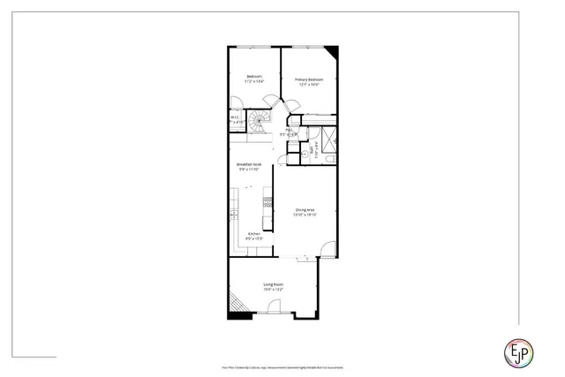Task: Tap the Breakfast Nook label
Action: tap(249, 164)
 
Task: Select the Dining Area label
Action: tap(305, 209)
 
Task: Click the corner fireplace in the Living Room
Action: tap(237, 302)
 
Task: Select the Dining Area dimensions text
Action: tap(305, 215)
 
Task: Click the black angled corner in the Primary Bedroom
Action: tap(332, 51)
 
